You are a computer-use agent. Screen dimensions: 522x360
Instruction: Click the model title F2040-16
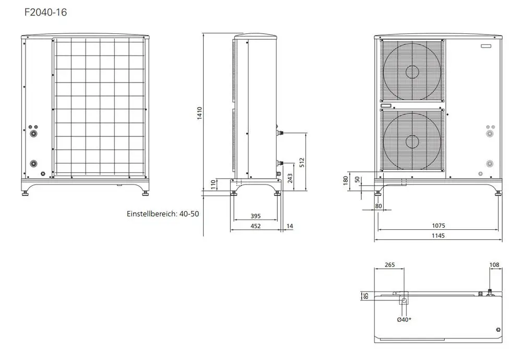coord(45,13)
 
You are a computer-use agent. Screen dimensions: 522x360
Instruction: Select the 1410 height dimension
coord(200,113)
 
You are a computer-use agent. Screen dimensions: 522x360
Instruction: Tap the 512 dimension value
coord(302,162)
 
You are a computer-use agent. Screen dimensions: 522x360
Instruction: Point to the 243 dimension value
coord(290,178)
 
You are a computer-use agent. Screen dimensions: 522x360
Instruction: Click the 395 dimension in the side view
coord(256,216)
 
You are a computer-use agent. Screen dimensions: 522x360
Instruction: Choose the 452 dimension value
coord(256,226)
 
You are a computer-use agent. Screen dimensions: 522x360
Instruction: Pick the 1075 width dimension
coord(438,226)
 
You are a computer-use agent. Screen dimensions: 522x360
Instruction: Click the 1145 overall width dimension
coord(438,236)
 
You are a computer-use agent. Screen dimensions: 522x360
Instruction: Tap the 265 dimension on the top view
coord(390,265)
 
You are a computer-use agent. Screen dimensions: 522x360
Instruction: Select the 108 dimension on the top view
coord(494,265)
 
